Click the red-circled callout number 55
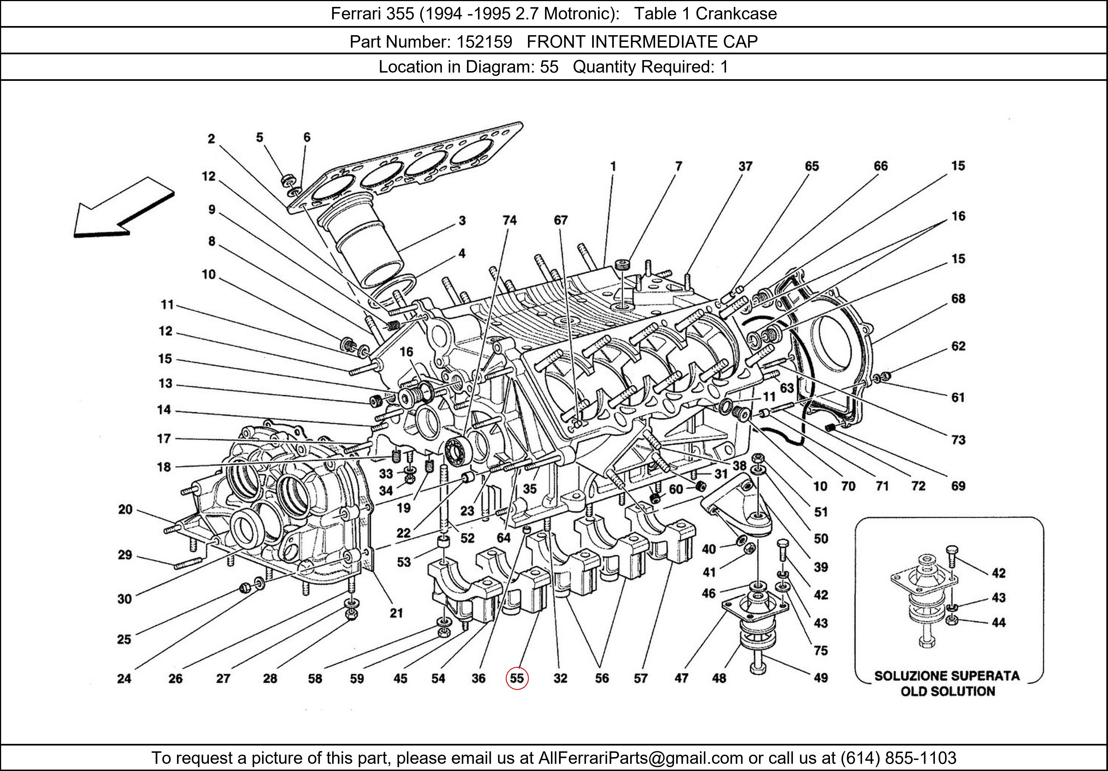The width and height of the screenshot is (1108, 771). pos(517,679)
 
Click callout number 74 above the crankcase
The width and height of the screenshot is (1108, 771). pos(510,220)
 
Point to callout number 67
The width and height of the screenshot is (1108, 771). pos(560,220)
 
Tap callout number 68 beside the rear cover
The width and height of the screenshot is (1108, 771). pos(958,299)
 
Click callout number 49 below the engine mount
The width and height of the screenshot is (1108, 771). pos(820,678)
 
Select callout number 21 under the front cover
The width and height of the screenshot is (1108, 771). pos(396,613)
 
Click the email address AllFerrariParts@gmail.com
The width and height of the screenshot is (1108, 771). pos(640,758)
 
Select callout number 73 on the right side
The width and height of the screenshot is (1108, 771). pos(958,440)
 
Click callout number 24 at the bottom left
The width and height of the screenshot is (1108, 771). pos(124,679)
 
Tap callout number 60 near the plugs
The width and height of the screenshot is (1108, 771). pos(676,490)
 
